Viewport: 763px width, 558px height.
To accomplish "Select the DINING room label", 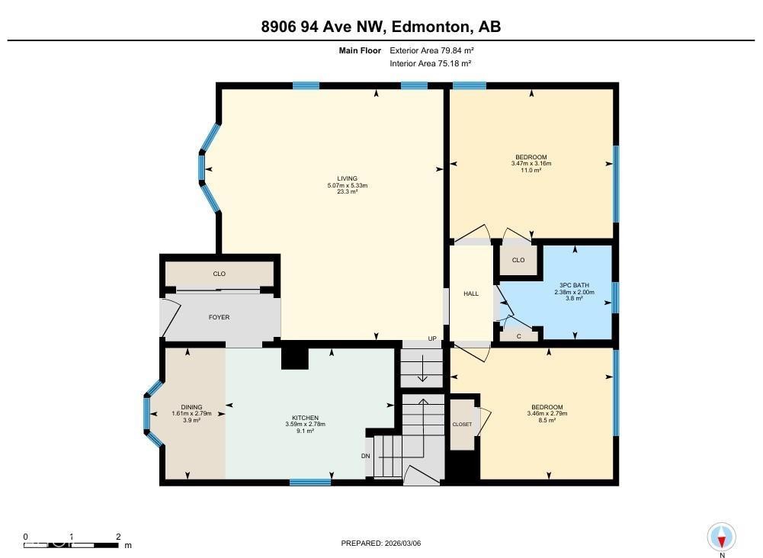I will click(x=191, y=407).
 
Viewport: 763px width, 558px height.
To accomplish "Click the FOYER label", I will click(x=220, y=317).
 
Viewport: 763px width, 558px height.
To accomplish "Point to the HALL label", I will click(x=471, y=293).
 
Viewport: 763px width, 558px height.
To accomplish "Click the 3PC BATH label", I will click(x=571, y=285).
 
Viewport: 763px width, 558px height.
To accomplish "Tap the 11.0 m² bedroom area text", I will click(x=531, y=170).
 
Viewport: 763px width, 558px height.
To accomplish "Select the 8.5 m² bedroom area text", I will click(x=547, y=420).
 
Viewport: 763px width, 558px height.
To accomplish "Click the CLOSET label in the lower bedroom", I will click(x=462, y=425).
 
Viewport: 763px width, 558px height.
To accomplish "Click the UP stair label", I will click(x=432, y=338).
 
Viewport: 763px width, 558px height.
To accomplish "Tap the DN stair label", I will click(x=366, y=456).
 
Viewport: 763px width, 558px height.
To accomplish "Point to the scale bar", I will click(x=72, y=545).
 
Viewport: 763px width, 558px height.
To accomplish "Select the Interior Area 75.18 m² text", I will click(x=431, y=63).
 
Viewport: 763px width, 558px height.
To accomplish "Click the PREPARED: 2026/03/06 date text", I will click(x=381, y=544).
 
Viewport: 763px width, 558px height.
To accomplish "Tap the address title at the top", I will click(x=381, y=27).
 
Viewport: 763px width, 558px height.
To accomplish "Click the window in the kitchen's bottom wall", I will click(x=310, y=482).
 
